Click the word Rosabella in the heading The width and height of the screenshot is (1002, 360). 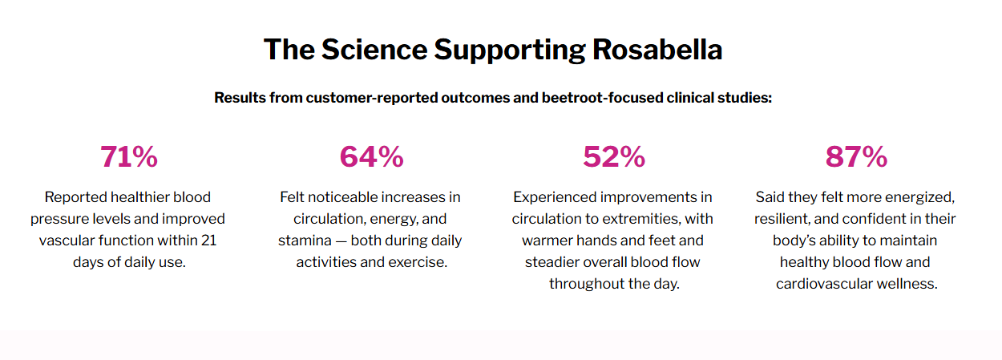click(657, 49)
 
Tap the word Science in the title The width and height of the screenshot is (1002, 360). click(374, 49)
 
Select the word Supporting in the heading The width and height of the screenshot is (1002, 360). click(510, 50)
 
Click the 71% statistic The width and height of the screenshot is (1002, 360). click(129, 157)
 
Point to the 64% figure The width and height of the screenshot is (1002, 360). click(372, 157)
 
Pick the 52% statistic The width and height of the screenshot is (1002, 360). click(614, 157)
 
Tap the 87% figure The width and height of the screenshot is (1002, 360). click(856, 157)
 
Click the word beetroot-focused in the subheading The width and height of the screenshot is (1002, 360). click(602, 98)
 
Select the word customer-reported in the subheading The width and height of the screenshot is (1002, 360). click(372, 98)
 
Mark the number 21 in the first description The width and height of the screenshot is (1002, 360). click(208, 241)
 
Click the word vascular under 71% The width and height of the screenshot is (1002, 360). click(67, 241)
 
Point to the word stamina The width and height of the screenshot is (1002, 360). click(305, 241)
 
